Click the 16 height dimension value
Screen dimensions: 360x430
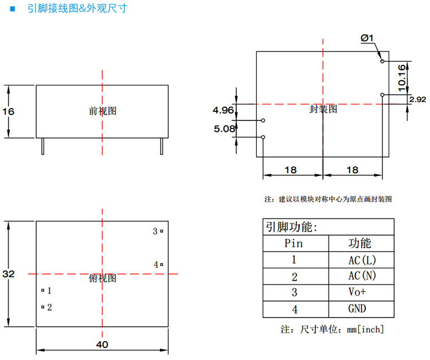point(8,111)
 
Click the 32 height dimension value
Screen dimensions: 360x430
point(8,274)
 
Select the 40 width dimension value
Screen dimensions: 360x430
point(102,345)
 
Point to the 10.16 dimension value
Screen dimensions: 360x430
point(401,76)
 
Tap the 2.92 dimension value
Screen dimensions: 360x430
point(417,99)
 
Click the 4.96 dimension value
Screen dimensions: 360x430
point(223,109)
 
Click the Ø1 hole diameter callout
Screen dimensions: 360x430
point(367,38)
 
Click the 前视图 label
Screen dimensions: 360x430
point(103,111)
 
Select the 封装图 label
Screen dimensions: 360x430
point(323,109)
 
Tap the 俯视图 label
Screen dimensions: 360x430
point(103,278)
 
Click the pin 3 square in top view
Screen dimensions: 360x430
point(162,232)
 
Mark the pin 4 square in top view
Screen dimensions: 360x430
point(162,264)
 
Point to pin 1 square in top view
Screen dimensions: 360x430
point(43,291)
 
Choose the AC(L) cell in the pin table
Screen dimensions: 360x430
point(362,260)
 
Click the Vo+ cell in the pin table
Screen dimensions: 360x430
point(357,292)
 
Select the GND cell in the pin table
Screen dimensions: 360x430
point(357,309)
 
